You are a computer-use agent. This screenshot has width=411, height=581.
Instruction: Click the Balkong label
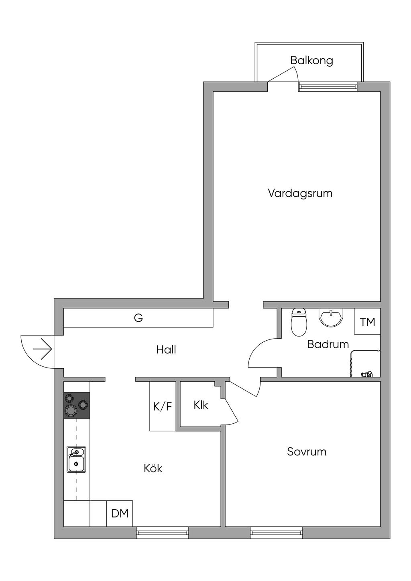[311, 61]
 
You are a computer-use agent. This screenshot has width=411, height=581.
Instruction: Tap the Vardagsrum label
[300, 193]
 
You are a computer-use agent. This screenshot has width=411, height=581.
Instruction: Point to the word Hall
[166, 349]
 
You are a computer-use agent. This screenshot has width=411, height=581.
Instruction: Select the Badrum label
[328, 344]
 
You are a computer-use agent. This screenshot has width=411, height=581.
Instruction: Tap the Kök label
[153, 468]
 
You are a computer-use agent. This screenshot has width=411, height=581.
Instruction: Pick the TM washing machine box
[367, 321]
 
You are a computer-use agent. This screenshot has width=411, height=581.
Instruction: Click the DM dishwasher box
[120, 513]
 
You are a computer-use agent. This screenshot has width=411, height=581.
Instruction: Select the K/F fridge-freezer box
[163, 406]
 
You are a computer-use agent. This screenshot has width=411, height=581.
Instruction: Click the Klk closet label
[201, 405]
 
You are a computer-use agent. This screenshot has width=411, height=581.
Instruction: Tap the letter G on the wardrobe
[138, 318]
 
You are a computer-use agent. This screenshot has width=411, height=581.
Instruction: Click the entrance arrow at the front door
[43, 349]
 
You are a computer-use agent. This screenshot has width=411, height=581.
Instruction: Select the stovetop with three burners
[77, 405]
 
